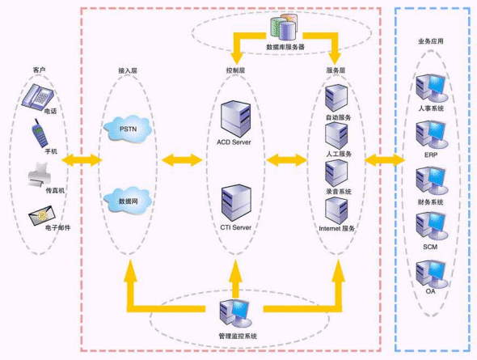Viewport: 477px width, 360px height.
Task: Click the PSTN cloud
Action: pyautogui.click(x=128, y=128)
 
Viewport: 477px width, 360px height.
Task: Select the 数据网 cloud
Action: pyautogui.click(x=128, y=201)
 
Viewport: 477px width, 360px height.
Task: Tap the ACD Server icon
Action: pyautogui.click(x=235, y=119)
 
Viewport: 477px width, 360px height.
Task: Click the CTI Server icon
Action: pyautogui.click(x=236, y=203)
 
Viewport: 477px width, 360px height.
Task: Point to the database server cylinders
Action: pyautogui.click(x=283, y=27)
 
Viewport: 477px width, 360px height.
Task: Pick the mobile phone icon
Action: pyautogui.click(x=40, y=133)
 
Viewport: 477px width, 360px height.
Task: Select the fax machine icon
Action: pyautogui.click(x=40, y=175)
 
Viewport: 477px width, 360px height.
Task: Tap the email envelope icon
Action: pyautogui.click(x=42, y=215)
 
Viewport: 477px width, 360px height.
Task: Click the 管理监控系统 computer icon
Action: pyautogui.click(x=235, y=313)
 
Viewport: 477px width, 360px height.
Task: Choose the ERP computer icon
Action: pyautogui.click(x=432, y=135)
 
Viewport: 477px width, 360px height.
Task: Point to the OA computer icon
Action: pyautogui.click(x=432, y=274)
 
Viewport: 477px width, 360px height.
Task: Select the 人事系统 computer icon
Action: pyautogui.click(x=432, y=88)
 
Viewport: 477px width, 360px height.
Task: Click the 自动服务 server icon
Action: pyautogui.click(x=336, y=98)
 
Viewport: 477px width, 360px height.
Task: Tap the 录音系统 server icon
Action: pyautogui.click(x=336, y=173)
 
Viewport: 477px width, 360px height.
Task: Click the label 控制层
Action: pyautogui.click(x=235, y=70)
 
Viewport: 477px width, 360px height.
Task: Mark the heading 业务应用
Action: pyautogui.click(x=430, y=41)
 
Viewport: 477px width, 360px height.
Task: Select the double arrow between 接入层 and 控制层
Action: pyautogui.click(x=182, y=160)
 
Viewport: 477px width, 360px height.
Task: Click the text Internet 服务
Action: pyautogui.click(x=337, y=228)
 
